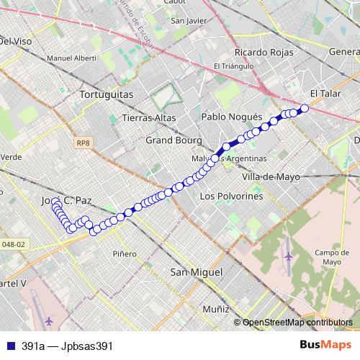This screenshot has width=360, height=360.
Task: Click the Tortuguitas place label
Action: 107,94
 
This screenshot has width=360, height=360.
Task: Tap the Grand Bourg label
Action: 174,140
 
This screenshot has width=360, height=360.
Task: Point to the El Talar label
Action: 324,94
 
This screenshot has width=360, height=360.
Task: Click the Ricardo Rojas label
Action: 264,53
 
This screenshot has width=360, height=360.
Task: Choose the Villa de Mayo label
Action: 271,176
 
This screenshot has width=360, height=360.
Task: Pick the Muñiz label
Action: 215,308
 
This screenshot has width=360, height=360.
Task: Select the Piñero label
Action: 125,253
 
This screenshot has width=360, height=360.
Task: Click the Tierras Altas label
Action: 149,117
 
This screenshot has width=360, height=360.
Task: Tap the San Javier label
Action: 189,20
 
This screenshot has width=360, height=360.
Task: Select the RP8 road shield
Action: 83,143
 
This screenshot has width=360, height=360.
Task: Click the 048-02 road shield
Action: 14,244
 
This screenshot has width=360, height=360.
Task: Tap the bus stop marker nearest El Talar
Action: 304,108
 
